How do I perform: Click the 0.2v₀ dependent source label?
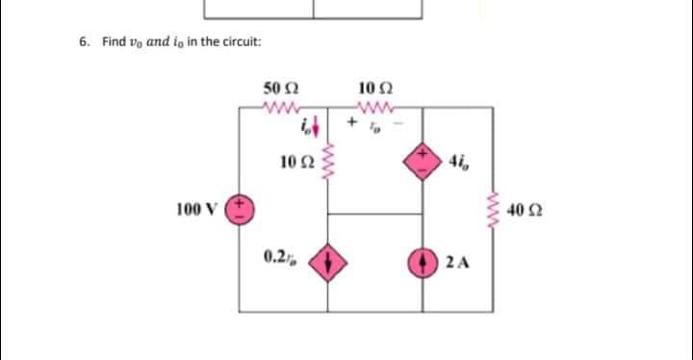coord(279,257)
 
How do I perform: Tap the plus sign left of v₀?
coord(352,125)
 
